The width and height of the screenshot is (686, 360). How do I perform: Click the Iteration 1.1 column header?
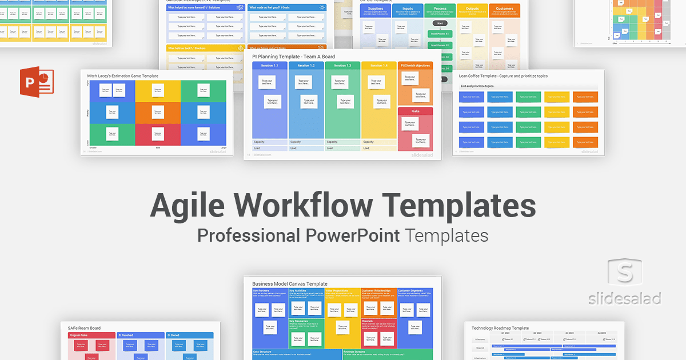pyautogui.click(x=270, y=66)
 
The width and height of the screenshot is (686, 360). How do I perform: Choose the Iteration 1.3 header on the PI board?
pyautogui.click(x=342, y=66)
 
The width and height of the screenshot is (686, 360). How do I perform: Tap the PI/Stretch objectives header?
pyautogui.click(x=415, y=66)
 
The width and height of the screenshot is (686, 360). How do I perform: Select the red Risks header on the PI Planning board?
pyautogui.click(x=415, y=111)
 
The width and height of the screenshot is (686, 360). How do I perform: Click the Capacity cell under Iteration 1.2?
pyautogui.click(x=306, y=142)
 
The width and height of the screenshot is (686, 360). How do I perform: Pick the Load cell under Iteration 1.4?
pyautogui.click(x=378, y=148)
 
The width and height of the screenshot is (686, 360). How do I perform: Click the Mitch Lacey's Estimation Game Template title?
pyautogui.click(x=122, y=76)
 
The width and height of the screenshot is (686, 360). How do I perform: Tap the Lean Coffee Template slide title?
pyautogui.click(x=504, y=75)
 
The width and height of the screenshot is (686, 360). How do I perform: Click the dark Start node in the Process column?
pyautogui.click(x=440, y=23)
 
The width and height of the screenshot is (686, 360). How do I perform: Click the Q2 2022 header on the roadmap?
pyautogui.click(x=538, y=333)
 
